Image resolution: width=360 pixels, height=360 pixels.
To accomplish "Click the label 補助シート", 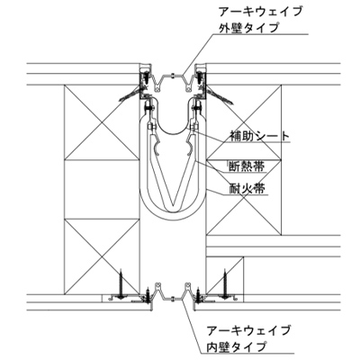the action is (260, 136).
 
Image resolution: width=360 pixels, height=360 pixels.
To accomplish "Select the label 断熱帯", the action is (247, 166).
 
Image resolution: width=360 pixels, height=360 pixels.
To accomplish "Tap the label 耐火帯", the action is (247, 189).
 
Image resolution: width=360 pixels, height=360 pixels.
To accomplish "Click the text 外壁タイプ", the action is (248, 28).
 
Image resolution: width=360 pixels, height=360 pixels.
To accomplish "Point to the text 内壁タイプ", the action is (237, 346).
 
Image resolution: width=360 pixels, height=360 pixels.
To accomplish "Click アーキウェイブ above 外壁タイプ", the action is (260, 12).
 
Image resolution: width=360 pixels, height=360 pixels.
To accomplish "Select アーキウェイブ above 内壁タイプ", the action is (248, 330).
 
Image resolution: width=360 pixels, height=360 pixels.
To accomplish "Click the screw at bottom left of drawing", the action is (121, 284).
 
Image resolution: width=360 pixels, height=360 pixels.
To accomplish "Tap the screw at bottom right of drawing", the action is (225, 284).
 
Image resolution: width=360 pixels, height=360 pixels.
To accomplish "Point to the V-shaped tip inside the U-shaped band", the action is (173, 208).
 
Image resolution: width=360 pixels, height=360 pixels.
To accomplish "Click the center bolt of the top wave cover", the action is (172, 76).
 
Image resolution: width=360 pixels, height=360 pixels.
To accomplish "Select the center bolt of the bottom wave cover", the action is (173, 299).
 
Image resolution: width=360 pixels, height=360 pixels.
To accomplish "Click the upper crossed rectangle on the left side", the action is (103, 122).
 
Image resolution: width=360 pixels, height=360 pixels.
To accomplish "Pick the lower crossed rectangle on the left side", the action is (103, 256).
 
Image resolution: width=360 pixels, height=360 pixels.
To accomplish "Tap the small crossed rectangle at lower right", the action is (225, 275).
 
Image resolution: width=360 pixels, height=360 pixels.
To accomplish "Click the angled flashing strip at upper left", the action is (130, 94).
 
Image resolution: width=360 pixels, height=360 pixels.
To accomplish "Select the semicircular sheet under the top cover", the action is (173, 128).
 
